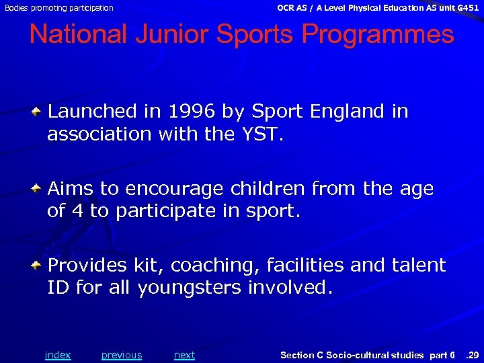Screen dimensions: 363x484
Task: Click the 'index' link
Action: pyautogui.click(x=57, y=355)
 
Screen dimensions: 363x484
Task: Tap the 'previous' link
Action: pyautogui.click(x=122, y=355)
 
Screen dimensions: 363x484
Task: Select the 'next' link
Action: pyautogui.click(x=184, y=355)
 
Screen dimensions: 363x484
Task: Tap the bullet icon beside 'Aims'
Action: pyautogui.click(x=40, y=188)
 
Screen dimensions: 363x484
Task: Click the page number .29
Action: pyautogui.click(x=472, y=355)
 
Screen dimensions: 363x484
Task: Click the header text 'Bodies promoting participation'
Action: pyautogui.click(x=58, y=8)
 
